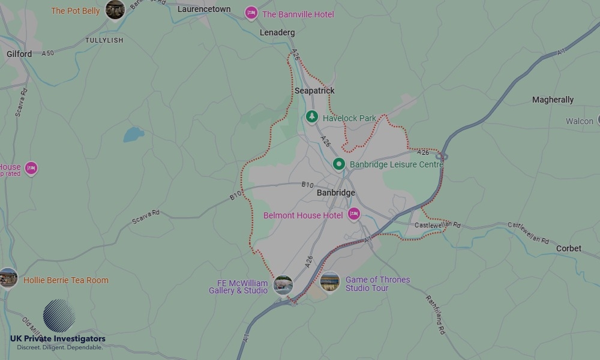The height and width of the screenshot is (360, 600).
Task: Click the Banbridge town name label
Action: point(336,193)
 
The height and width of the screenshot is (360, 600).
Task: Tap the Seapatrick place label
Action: point(314,91)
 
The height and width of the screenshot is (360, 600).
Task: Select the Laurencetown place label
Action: point(204,9)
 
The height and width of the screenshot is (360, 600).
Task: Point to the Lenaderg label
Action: point(277,32)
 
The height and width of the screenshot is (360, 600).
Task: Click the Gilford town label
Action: point(19,54)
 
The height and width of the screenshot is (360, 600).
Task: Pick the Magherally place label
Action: point(553,100)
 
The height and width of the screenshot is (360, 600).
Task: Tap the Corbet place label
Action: point(568,248)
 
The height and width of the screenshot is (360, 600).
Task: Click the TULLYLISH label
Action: point(104,40)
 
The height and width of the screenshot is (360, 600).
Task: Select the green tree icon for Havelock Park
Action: point(311,116)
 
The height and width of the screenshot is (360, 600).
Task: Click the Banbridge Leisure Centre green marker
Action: point(339,163)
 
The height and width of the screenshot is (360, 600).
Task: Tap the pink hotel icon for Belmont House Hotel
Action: point(354,214)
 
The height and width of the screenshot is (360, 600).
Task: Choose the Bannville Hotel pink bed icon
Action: point(251,13)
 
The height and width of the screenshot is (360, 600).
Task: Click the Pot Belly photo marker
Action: point(115,9)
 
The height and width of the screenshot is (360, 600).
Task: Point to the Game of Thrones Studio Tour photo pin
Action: point(330,281)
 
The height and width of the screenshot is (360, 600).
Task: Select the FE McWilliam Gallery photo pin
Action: point(283,284)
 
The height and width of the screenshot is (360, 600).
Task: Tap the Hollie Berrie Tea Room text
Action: point(66,280)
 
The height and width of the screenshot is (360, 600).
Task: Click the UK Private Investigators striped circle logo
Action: point(59,316)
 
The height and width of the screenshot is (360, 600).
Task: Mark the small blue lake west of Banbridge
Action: point(134,134)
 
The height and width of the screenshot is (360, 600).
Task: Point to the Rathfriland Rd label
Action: point(435,314)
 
